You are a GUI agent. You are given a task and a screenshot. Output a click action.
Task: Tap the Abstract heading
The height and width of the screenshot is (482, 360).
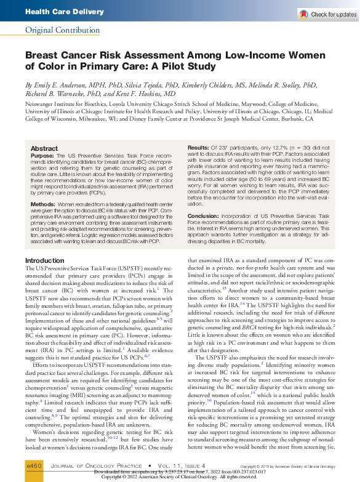point(44,149)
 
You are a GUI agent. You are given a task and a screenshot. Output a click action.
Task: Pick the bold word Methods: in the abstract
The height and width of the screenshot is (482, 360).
point(44,203)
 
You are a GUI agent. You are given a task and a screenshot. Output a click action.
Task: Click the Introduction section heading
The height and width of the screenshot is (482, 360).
point(44,260)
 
